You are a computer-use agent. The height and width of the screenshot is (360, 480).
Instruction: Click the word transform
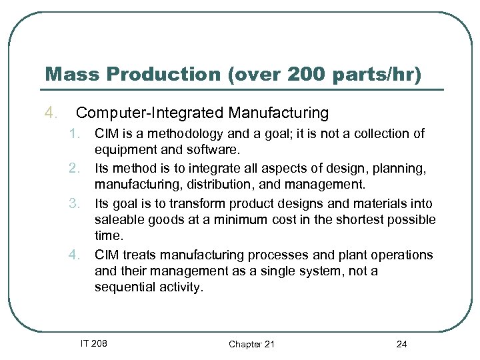pyautogui.click(x=195, y=204)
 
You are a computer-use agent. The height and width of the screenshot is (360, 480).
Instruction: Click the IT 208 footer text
pyautogui.click(x=94, y=343)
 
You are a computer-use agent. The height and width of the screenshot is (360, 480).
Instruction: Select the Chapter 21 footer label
pyautogui.click(x=251, y=344)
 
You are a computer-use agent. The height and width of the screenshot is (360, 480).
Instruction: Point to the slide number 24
pyautogui.click(x=401, y=344)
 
